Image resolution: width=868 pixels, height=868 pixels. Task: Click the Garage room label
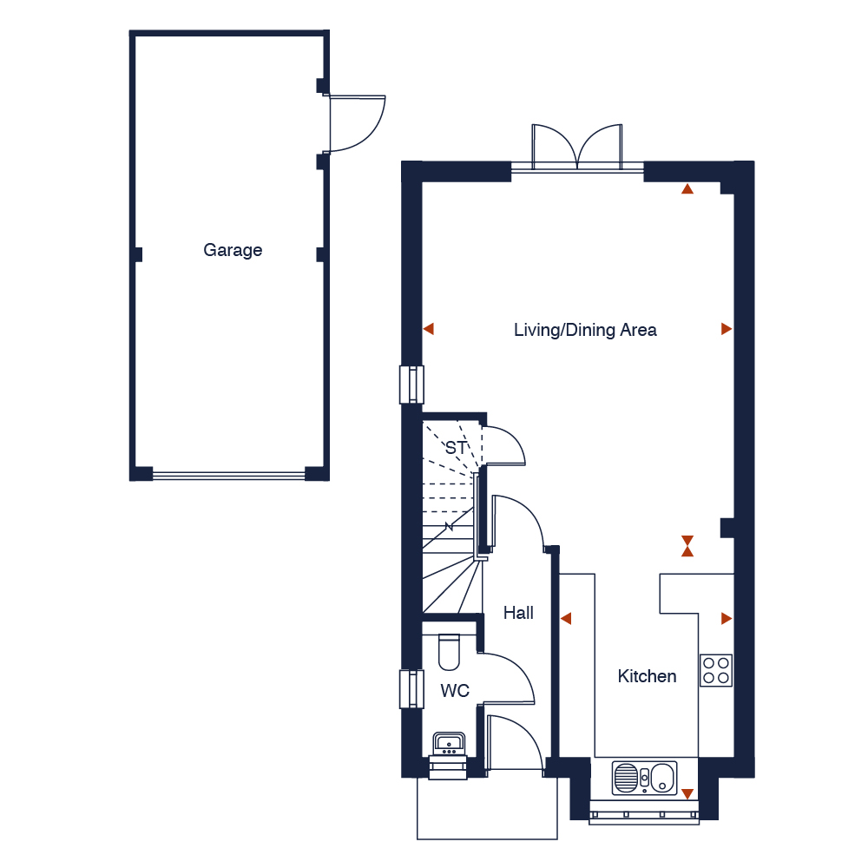pos(233,251)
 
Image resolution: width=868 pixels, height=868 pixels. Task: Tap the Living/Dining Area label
pos(585,330)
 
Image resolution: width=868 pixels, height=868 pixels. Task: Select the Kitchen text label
pos(647,676)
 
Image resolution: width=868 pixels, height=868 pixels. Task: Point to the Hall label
pos(518,613)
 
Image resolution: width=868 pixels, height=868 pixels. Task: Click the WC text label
pos(455,691)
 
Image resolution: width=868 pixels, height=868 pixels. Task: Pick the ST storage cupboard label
pos(456,448)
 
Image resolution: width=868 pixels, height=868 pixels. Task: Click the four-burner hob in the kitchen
pos(716,670)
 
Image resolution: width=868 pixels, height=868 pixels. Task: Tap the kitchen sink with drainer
pos(644,779)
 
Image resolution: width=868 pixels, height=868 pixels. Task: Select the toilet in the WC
pos(449,653)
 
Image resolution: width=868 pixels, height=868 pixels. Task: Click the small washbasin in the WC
pos(449,744)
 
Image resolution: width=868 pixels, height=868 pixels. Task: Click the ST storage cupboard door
pos(503,447)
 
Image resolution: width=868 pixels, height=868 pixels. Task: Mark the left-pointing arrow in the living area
pos(428,329)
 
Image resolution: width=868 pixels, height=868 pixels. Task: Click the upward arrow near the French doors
pos(687,187)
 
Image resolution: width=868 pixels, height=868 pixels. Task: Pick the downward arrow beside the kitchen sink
pos(687,793)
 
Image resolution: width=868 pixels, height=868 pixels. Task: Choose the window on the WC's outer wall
pos(408,689)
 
